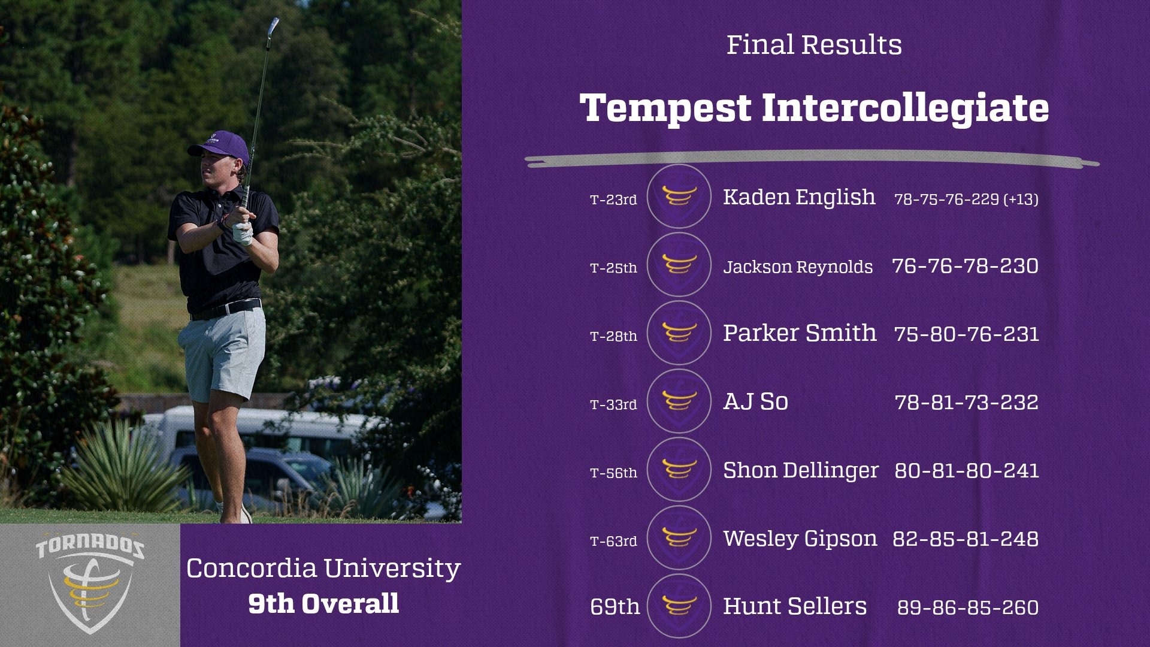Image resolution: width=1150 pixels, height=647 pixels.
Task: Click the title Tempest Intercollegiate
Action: [x=814, y=108]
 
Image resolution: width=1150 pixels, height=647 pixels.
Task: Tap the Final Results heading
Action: [x=814, y=45]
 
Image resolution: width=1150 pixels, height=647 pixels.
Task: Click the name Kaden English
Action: [x=799, y=197]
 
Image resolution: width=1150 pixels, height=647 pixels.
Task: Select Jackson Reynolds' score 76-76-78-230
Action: [x=965, y=266]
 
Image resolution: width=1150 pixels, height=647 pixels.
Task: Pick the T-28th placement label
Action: [x=613, y=336]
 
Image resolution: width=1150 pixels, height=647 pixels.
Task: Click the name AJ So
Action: [x=755, y=401]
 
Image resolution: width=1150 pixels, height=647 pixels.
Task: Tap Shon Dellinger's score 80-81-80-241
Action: [x=966, y=470]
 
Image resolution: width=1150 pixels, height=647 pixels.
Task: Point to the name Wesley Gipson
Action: [x=800, y=539]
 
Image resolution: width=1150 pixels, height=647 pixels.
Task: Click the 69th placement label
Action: [x=615, y=607]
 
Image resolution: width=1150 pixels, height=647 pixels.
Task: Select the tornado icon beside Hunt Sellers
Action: [x=679, y=606]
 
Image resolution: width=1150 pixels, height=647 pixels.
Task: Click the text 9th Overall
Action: [x=323, y=603]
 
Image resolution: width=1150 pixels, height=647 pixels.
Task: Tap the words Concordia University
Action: [x=323, y=568]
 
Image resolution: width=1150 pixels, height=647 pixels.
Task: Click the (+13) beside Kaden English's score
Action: [x=1021, y=199]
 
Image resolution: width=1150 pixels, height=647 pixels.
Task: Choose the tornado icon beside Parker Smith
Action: [x=679, y=333]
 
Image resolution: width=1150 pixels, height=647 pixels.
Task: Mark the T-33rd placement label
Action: [x=613, y=404]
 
